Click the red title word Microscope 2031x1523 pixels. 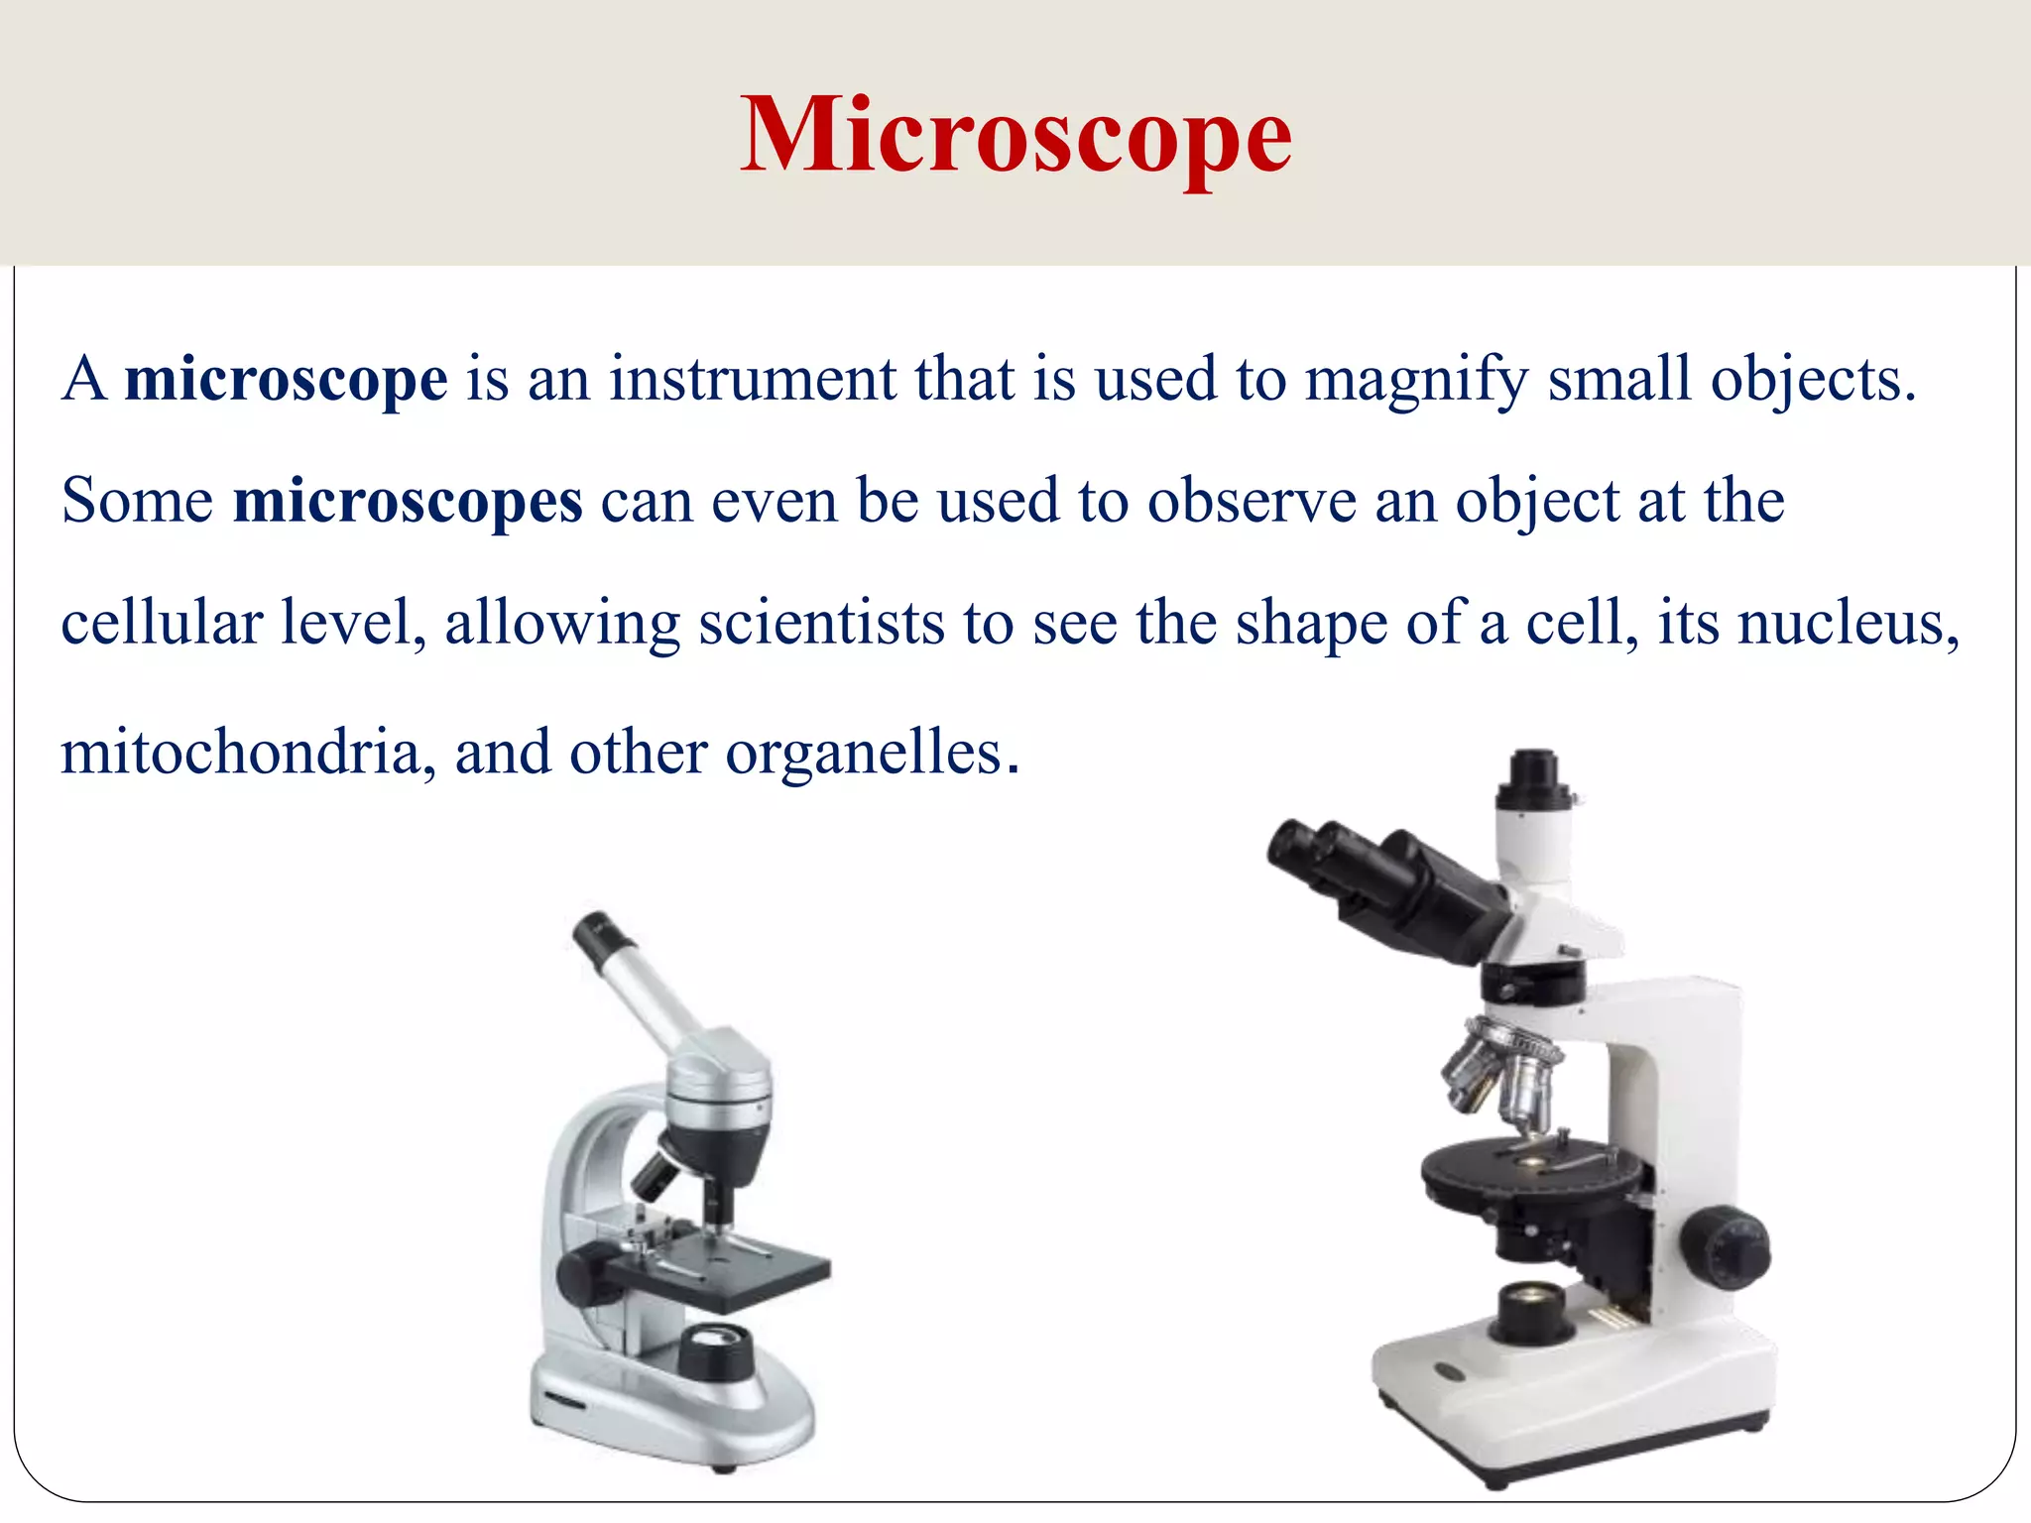(x=1015, y=137)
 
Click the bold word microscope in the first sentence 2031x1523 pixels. (x=286, y=380)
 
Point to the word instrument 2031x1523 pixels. (x=752, y=380)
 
